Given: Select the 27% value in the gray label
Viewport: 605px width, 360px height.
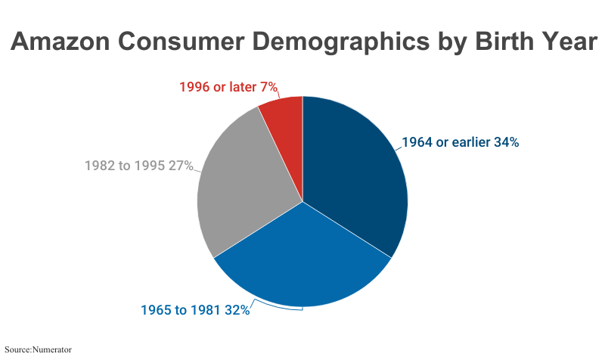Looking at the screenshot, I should click(x=181, y=166).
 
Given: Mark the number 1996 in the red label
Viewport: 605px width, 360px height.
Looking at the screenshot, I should click(x=194, y=88).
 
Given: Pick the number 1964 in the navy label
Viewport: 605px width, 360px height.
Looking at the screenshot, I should click(x=417, y=142).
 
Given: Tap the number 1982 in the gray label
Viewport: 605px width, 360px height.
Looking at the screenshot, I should click(x=99, y=166).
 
